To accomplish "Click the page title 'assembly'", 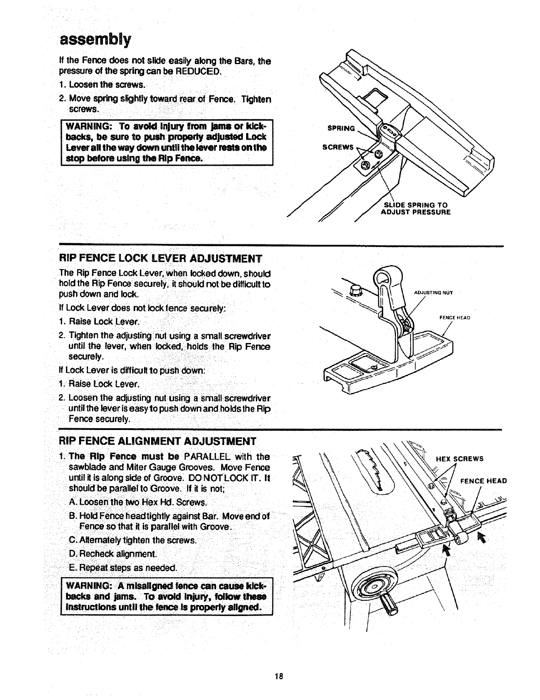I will tap(95, 40).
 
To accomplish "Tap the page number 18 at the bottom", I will tap(278, 677).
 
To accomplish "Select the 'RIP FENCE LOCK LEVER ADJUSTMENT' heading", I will tap(161, 258).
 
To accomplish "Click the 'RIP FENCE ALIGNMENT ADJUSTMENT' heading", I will tap(158, 441).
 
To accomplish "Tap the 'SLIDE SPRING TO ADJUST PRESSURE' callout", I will tap(415, 208).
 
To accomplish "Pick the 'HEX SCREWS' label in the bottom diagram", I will tap(460, 459).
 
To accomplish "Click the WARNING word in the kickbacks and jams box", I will tap(85, 586).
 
